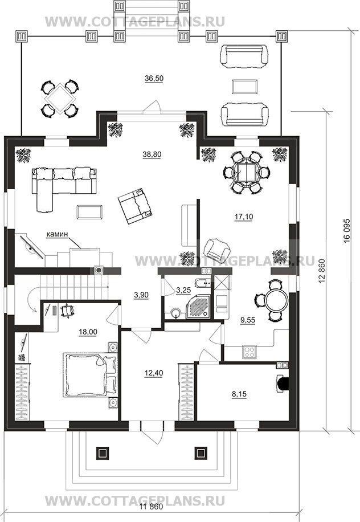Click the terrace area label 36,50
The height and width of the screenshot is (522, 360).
tap(154, 78)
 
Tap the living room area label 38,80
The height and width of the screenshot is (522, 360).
tap(152, 154)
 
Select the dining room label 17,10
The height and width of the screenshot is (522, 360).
tap(243, 217)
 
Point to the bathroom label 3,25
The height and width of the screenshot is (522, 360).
tap(183, 291)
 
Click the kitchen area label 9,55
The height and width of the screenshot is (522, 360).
tap(248, 320)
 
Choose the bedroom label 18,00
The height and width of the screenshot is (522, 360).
tap(88, 332)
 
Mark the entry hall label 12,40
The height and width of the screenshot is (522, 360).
tap(153, 373)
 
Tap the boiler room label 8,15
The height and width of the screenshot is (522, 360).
tap(239, 394)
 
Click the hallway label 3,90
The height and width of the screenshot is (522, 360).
tap(141, 295)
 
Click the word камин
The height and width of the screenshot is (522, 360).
tap(57, 234)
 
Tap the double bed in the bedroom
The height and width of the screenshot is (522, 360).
tap(90, 375)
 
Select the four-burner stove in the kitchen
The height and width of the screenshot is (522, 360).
tap(249, 352)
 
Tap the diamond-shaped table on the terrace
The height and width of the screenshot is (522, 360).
tap(60, 99)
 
